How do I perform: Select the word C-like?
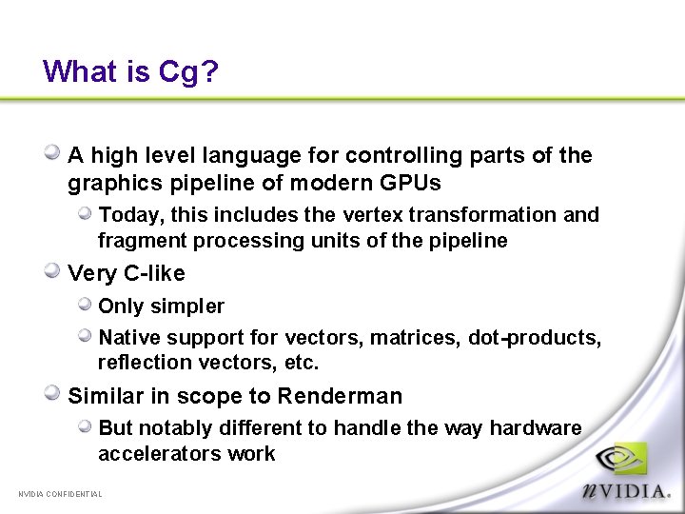coord(153,274)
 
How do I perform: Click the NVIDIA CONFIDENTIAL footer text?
coord(60,494)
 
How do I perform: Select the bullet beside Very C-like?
coord(54,272)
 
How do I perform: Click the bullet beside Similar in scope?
coord(54,394)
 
